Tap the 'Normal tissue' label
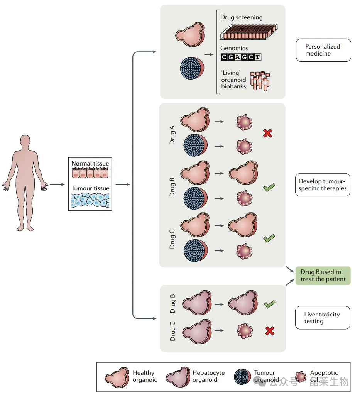point(90,164)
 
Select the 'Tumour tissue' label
point(90,188)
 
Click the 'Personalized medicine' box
point(323,50)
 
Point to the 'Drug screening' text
point(241,17)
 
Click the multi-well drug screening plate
point(249,32)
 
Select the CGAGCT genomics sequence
point(241,57)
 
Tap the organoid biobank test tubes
point(259,81)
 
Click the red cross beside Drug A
point(268,134)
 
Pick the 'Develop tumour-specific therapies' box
point(323,185)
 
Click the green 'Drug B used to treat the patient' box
point(323,276)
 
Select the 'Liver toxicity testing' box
point(322,318)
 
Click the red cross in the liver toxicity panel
point(270,330)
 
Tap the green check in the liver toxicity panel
point(269,305)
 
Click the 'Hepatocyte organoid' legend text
point(208,376)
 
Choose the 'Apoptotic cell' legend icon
point(301,376)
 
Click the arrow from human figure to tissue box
point(57,184)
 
